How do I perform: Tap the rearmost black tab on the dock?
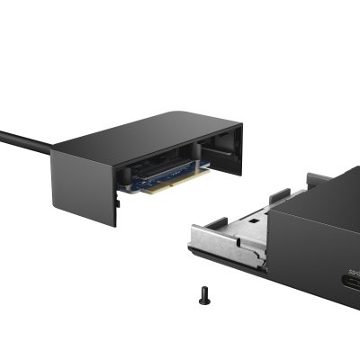click(315, 177)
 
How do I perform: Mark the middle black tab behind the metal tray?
click(279, 194)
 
